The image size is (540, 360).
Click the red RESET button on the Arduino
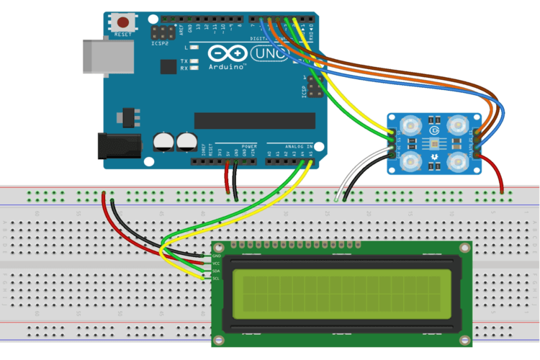tap(124, 22)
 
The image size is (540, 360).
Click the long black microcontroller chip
tap(254, 120)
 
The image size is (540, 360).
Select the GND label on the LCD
tap(217, 256)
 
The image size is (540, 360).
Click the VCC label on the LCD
tap(217, 264)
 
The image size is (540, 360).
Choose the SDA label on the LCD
tap(217, 271)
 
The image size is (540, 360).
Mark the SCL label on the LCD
tap(217, 279)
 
